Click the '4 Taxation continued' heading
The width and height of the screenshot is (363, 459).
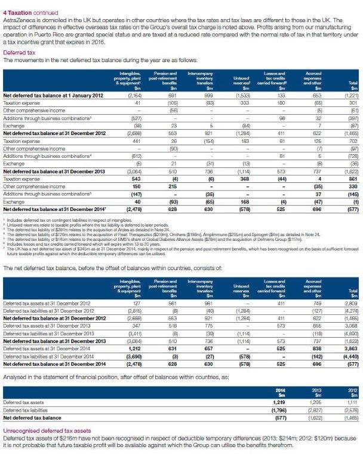pyautogui.click(x=29, y=6)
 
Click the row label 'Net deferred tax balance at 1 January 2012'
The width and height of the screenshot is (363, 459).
pyautogui.click(x=41, y=94)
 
